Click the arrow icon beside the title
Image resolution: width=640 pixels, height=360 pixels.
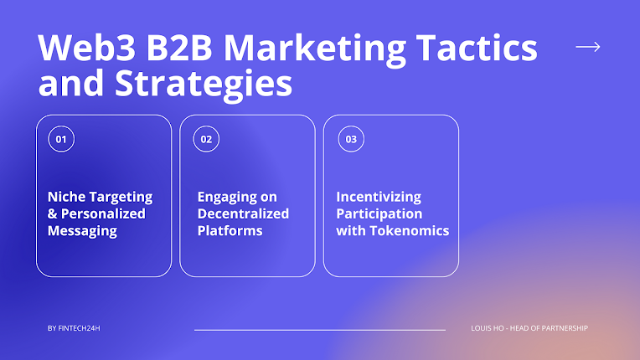click(588, 47)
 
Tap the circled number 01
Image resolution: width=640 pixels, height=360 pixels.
click(61, 139)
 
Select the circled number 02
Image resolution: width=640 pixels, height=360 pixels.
click(206, 139)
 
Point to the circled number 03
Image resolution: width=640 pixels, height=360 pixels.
click(351, 139)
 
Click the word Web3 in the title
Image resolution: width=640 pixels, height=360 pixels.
click(87, 48)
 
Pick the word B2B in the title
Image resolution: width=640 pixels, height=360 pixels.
click(179, 48)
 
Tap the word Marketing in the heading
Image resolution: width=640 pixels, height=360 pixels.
click(314, 49)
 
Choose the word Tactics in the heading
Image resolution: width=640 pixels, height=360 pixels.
click(477, 48)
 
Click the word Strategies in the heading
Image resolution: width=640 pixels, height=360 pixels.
click(204, 85)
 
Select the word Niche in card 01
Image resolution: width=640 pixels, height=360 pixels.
click(65, 197)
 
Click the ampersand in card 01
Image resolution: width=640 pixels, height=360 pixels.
click(52, 213)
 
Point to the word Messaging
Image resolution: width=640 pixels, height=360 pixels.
click(82, 231)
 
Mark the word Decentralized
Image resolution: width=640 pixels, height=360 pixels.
click(243, 213)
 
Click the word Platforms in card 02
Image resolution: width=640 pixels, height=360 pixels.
click(230, 231)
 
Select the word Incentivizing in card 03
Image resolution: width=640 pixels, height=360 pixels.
click(379, 198)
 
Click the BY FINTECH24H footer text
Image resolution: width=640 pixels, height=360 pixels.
click(74, 328)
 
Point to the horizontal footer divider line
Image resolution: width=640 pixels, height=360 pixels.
click(320, 330)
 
